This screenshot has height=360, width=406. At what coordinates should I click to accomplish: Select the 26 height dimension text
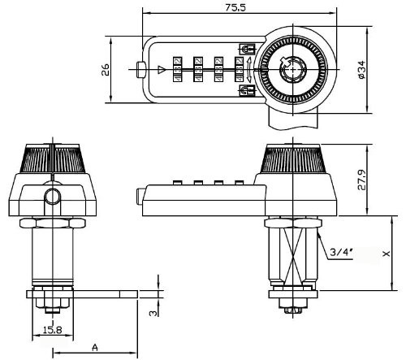click(x=106, y=70)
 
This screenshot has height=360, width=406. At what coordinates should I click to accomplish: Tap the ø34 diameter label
click(x=359, y=71)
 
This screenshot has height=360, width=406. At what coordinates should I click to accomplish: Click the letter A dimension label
click(x=94, y=347)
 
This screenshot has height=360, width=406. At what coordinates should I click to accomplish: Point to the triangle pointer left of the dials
click(x=162, y=70)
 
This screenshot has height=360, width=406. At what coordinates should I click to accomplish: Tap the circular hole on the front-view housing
click(x=53, y=197)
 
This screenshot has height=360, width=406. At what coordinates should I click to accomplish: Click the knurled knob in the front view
click(x=53, y=161)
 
